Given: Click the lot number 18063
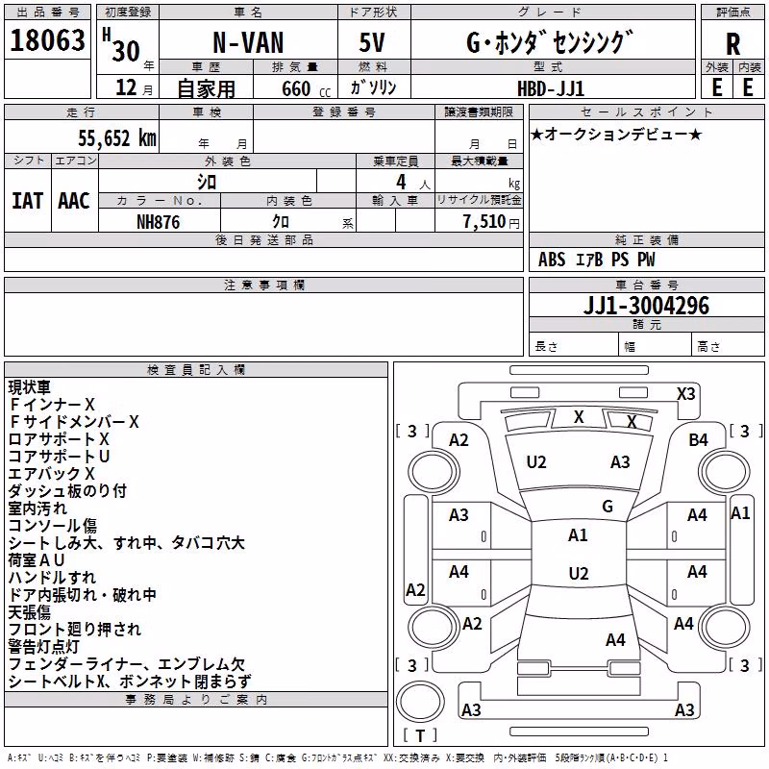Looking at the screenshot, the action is [x=47, y=40].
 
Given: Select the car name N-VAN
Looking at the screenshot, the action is [x=248, y=42].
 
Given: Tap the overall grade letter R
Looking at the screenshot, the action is [x=732, y=43].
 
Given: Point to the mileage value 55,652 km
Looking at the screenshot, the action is [x=117, y=137].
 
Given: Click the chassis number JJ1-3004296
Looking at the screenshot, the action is [x=646, y=306].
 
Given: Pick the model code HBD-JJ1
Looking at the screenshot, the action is [x=551, y=88].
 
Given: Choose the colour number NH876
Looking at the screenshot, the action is [x=159, y=222].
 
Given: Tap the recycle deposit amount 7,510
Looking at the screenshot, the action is [x=484, y=222].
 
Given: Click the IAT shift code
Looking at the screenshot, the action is [x=28, y=201].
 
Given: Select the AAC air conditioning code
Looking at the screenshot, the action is [x=74, y=201].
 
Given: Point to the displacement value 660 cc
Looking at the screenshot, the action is [x=306, y=88].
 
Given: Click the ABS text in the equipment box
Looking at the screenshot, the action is [x=552, y=260].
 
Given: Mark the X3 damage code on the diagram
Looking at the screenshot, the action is [x=685, y=394].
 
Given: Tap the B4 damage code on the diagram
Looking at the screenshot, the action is [x=698, y=440].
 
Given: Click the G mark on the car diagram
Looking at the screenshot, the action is [x=608, y=507].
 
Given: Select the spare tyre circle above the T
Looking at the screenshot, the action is [x=420, y=702].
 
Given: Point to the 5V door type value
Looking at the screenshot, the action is [x=372, y=42].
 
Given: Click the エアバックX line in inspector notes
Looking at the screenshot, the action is [x=52, y=474].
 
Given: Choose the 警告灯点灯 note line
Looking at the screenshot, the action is [x=43, y=647].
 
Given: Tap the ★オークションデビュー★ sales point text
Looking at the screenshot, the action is [x=616, y=134].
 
